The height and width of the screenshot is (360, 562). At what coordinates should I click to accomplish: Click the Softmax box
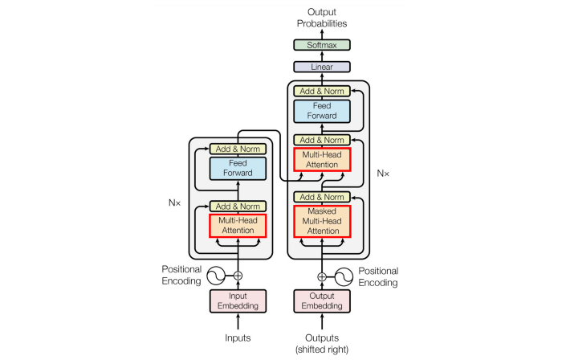(x=322, y=45)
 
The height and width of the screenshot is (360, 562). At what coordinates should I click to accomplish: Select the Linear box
(x=322, y=67)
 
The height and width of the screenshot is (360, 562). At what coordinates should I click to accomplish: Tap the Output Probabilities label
(x=322, y=18)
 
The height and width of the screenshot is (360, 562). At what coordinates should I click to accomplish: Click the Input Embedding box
(x=238, y=301)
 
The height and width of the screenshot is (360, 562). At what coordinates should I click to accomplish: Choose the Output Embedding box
(x=322, y=301)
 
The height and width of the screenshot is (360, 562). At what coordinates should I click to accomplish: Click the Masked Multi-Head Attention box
(x=322, y=221)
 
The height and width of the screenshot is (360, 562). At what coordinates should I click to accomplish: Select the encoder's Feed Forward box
(x=238, y=168)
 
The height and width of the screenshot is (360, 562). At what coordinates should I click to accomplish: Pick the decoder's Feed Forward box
(x=322, y=111)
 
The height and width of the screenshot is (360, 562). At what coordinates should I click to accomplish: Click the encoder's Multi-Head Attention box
(x=238, y=226)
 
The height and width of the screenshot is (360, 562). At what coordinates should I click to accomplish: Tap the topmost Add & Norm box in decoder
(x=322, y=91)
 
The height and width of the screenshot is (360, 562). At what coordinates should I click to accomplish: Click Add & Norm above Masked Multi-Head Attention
(x=322, y=197)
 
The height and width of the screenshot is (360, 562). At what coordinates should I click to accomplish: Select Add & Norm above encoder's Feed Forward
(x=238, y=149)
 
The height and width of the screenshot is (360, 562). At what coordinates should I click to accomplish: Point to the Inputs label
(x=238, y=337)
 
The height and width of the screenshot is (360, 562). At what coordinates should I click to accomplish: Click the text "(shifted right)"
(x=322, y=350)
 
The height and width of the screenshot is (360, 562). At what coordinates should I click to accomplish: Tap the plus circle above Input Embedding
(x=238, y=276)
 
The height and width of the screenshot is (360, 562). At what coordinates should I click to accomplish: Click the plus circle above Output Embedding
(x=322, y=276)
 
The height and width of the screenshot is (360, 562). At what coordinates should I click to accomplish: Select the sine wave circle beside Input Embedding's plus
(x=216, y=276)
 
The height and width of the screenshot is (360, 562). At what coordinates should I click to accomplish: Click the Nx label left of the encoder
(x=174, y=203)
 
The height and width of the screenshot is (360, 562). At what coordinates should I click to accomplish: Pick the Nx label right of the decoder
(x=383, y=174)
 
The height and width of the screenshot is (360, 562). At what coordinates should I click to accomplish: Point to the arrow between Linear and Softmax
(x=322, y=56)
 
